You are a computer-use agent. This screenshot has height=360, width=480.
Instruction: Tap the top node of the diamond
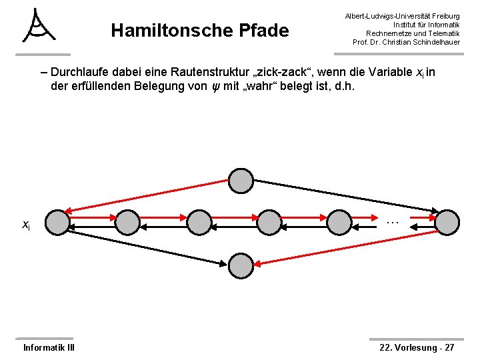pos(241,181)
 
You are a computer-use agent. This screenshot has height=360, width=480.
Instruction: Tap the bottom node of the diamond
pos(241,265)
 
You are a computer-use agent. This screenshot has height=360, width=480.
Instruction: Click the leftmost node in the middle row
pos(59,223)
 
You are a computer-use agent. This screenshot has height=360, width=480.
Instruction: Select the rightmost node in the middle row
pos(447,223)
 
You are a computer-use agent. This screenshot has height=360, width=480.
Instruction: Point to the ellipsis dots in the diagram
pos(392,221)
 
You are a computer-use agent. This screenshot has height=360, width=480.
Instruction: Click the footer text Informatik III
pos(49,347)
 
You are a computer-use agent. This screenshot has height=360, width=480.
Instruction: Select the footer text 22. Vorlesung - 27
pos(417,347)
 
